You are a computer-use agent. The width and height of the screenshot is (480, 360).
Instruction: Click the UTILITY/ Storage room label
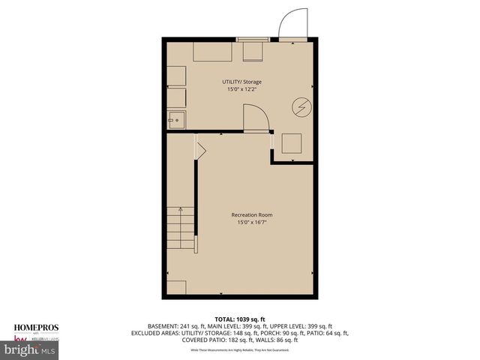(x=241, y=82)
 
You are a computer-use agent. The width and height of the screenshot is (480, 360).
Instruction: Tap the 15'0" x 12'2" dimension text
(x=241, y=89)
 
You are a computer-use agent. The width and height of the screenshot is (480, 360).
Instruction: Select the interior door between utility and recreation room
(x=255, y=118)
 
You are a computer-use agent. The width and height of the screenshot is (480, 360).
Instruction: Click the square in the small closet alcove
(x=290, y=142)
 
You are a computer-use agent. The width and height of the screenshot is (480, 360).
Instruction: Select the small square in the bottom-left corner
(x=176, y=287)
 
